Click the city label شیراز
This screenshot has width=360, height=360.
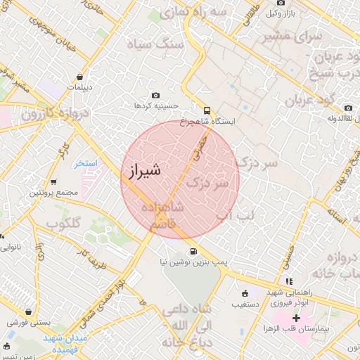(146, 170)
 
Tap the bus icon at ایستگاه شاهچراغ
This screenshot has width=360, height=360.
(207, 110)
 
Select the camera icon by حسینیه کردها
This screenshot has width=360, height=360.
(155, 96)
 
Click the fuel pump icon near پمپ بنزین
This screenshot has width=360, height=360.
(192, 252)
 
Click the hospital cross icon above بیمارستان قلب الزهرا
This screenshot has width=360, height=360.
(296, 318)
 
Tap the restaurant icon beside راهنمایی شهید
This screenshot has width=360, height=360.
(289, 281)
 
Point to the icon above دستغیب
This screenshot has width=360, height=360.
(244, 293)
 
